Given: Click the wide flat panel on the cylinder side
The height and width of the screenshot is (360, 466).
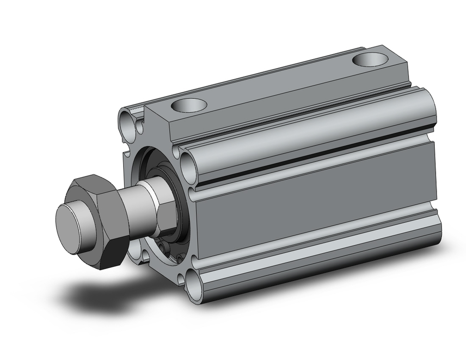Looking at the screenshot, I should [x=317, y=205].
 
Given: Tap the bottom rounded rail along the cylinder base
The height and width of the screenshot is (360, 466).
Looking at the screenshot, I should [x=317, y=261].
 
